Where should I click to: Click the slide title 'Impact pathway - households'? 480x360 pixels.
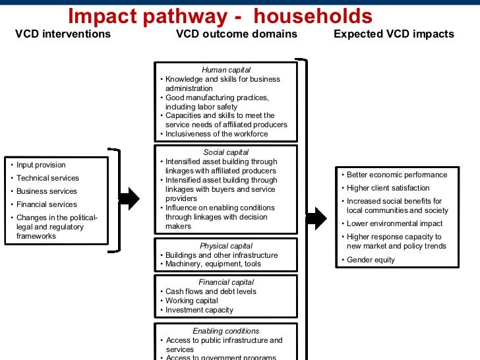(220, 16)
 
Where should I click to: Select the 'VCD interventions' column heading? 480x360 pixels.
(63, 34)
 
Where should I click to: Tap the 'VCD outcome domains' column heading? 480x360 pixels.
(237, 34)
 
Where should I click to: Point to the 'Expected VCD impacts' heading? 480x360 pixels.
(394, 34)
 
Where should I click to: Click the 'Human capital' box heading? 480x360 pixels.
(225, 70)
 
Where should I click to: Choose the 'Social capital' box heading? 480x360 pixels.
(225, 152)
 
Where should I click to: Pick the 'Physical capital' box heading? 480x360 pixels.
(225, 246)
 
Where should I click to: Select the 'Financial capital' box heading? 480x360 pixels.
(225, 282)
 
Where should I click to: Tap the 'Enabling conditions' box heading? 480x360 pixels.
(225, 331)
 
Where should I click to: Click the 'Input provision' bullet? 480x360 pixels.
(41, 165)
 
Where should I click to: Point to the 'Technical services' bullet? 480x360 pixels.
(47, 178)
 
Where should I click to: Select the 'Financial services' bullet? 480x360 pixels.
(47, 204)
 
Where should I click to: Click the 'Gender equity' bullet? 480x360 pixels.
(371, 260)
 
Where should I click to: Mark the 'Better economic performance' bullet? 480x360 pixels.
(396, 175)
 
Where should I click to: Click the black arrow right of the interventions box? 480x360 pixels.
(131, 198)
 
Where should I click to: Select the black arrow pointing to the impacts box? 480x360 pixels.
(316, 218)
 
